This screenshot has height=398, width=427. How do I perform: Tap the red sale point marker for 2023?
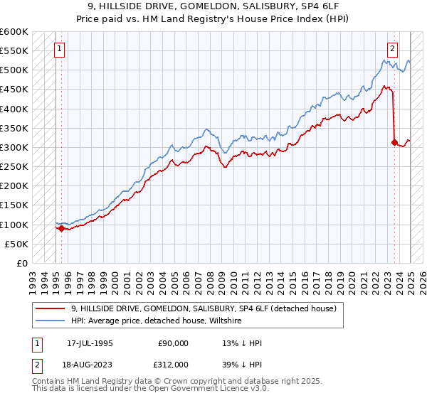tap(394, 142)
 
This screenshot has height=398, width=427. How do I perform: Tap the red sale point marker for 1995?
tap(61, 228)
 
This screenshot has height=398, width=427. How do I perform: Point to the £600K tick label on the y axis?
tap(14, 32)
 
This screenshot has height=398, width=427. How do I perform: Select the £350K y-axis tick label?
tap(14, 129)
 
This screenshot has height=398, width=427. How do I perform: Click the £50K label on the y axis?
tap(16, 244)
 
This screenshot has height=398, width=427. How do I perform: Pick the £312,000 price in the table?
tap(174, 363)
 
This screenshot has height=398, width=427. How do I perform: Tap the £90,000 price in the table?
tap(174, 343)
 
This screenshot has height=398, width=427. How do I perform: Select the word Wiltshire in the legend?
tap(224, 321)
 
